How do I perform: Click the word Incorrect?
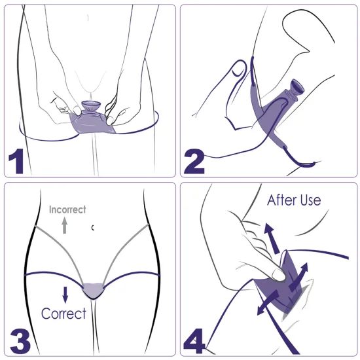[68, 210]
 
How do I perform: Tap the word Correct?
[63, 314]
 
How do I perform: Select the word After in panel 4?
[281, 200]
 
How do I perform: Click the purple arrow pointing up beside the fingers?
[270, 235]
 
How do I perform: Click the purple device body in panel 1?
[92, 123]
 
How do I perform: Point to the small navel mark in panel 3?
[94, 227]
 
